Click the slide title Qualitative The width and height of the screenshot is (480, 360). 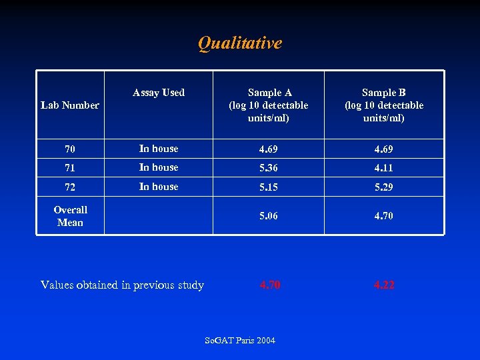[x=240, y=43]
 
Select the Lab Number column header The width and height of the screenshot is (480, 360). [x=70, y=105]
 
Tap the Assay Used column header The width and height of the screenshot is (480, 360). [x=159, y=93]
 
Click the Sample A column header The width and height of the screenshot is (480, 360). [x=269, y=105]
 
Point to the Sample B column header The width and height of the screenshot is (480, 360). [x=383, y=105]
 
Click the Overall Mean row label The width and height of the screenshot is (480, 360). [x=70, y=216]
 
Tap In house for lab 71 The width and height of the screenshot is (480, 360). [x=159, y=167]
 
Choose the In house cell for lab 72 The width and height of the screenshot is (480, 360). [x=159, y=187]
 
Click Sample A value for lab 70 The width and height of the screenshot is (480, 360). [x=269, y=149]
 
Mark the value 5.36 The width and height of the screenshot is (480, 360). [x=269, y=168]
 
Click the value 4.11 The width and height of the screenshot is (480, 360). [x=383, y=168]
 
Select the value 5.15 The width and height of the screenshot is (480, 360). [x=269, y=187]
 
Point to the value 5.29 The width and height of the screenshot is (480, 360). [x=383, y=187]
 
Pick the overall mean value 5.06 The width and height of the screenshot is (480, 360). [x=269, y=216]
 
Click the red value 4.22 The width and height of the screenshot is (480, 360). [x=383, y=285]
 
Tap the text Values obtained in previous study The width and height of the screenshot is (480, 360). [x=122, y=285]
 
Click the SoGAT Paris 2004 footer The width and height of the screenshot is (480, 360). [x=240, y=341]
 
